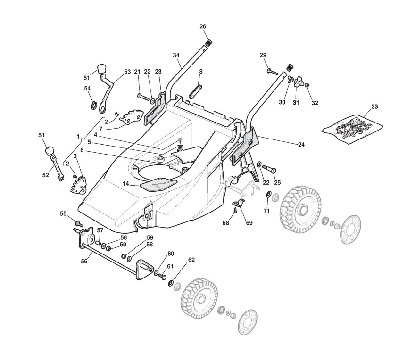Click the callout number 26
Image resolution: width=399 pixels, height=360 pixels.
(x=203, y=26)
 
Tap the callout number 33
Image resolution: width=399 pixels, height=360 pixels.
(x=374, y=107)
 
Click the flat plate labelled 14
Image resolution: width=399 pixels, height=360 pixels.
(x=159, y=182)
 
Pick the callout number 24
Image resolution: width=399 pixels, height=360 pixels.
(x=301, y=145)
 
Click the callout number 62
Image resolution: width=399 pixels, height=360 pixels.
(x=191, y=260)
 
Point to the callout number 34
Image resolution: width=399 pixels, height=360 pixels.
(x=176, y=55)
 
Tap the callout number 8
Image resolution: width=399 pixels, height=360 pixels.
(x=200, y=72)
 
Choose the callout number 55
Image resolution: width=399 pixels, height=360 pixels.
(x=63, y=213)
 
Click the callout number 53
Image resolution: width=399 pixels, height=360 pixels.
(x=127, y=72)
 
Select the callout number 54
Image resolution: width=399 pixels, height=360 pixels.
(x=87, y=88)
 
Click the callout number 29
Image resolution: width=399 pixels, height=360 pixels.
(x=263, y=55)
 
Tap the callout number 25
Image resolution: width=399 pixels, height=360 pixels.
(x=277, y=182)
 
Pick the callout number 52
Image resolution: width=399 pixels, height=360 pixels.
(x=45, y=175)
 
